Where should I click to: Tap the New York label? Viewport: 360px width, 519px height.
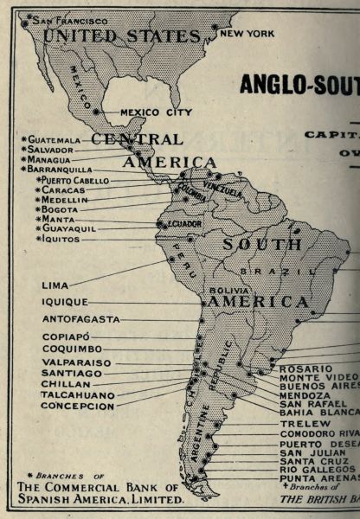tap(248, 32)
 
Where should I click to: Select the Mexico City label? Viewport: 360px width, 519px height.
tap(156, 112)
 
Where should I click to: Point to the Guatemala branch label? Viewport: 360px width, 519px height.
tap(54, 139)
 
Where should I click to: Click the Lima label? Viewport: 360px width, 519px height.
tap(55, 285)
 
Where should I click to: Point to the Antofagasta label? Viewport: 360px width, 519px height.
tap(80, 319)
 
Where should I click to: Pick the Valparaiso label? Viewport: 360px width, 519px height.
tap(77, 362)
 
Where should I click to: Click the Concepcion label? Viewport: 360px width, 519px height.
tap(78, 405)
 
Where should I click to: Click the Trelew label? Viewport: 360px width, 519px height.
tap(304, 424)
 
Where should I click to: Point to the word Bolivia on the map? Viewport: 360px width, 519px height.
tap(224, 289)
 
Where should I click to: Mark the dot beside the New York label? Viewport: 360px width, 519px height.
tap(215, 27)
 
